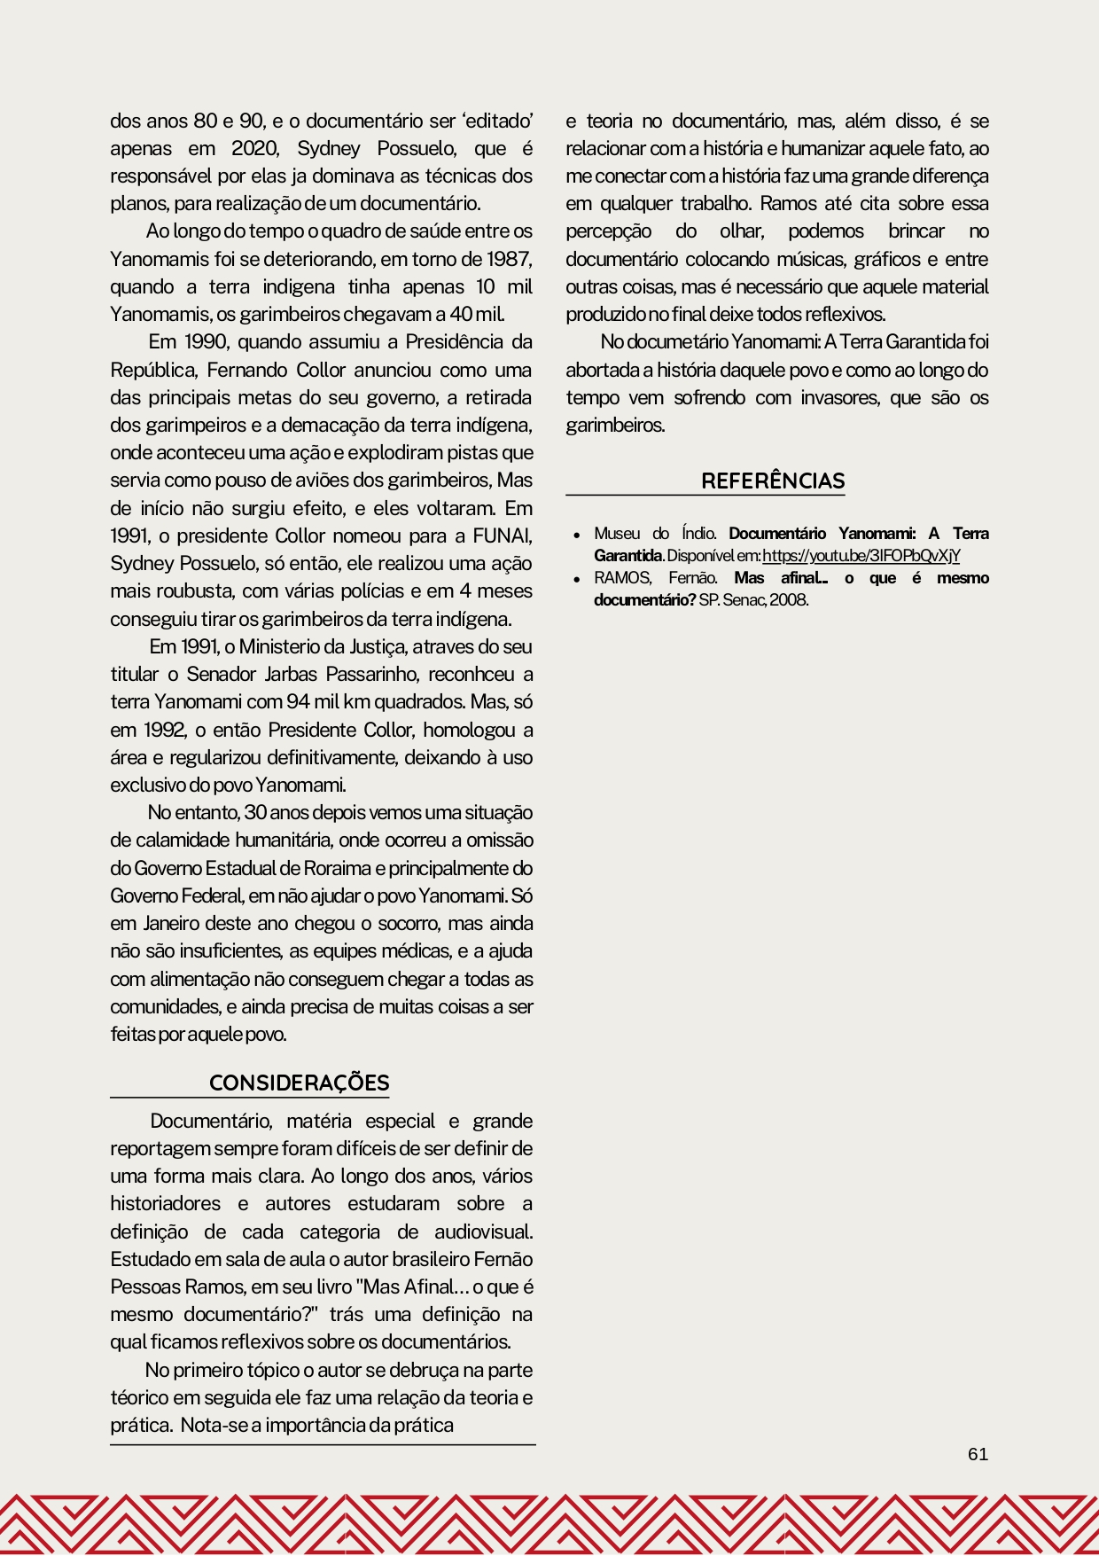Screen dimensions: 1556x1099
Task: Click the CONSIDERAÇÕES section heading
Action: point(299,1083)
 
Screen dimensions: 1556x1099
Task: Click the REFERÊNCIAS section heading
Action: point(773,481)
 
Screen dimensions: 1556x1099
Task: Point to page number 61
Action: point(978,1454)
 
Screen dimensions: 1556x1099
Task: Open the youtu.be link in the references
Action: point(861,556)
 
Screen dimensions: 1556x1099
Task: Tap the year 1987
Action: point(509,259)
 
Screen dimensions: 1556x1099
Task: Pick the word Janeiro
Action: point(171,923)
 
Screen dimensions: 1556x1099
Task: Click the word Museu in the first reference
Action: point(617,534)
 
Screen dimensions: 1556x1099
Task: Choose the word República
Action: point(152,370)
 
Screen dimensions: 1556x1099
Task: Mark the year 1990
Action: point(207,342)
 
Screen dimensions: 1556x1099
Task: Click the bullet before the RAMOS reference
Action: point(577,579)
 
